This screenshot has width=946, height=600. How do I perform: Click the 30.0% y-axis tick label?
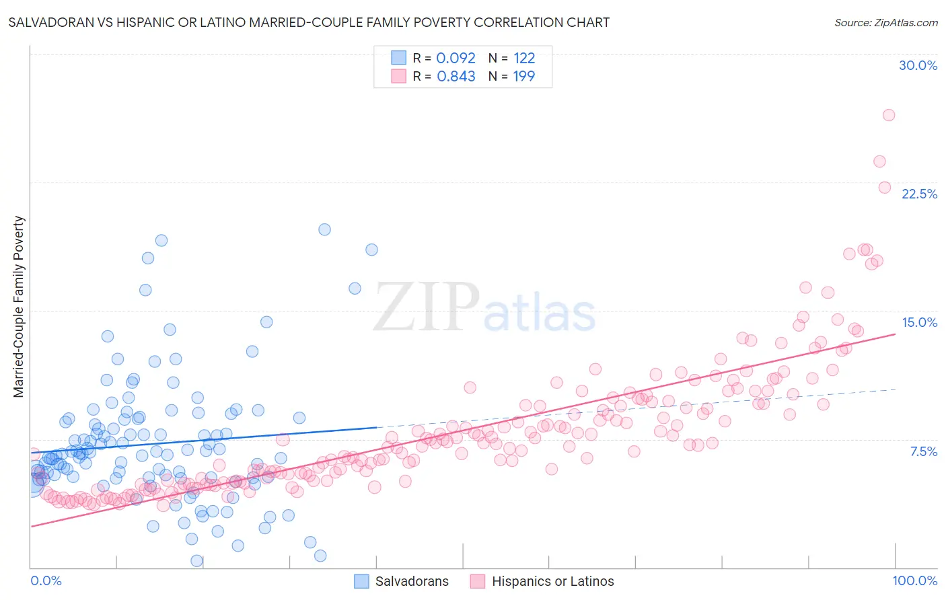click(x=918, y=65)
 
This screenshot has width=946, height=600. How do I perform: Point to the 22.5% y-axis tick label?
click(x=919, y=194)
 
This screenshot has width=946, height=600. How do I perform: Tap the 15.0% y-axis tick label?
click(x=919, y=322)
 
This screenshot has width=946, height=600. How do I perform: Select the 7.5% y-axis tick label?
click(x=923, y=451)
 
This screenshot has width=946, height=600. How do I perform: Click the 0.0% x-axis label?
click(x=46, y=580)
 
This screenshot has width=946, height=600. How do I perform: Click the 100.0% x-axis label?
click(x=914, y=580)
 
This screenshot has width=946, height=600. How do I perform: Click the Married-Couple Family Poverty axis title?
click(x=19, y=306)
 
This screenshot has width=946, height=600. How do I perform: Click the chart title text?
click(x=309, y=22)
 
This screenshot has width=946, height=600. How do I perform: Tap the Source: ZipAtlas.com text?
click(x=885, y=22)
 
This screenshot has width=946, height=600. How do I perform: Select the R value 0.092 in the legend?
click(x=456, y=58)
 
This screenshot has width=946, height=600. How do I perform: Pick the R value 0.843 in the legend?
click(x=456, y=76)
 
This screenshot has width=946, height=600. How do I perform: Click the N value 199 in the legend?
click(x=523, y=76)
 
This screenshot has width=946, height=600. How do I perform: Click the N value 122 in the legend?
click(x=523, y=58)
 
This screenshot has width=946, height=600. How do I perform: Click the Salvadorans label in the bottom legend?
click(x=411, y=581)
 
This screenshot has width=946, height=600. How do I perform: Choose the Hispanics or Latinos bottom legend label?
click(x=552, y=581)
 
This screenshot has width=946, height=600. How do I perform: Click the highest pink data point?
click(x=888, y=115)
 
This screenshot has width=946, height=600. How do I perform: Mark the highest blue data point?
click(x=324, y=229)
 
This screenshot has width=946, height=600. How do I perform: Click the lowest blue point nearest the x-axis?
click(x=196, y=560)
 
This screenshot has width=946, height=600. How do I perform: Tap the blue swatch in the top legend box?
click(x=399, y=58)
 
